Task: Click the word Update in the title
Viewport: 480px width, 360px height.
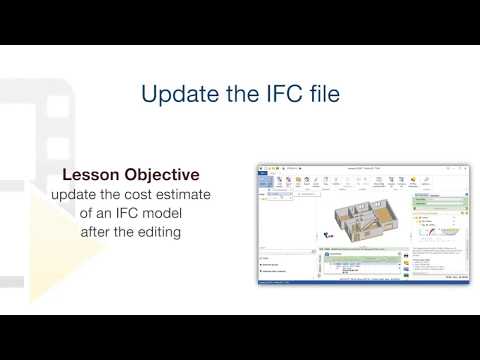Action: [x=174, y=96]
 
